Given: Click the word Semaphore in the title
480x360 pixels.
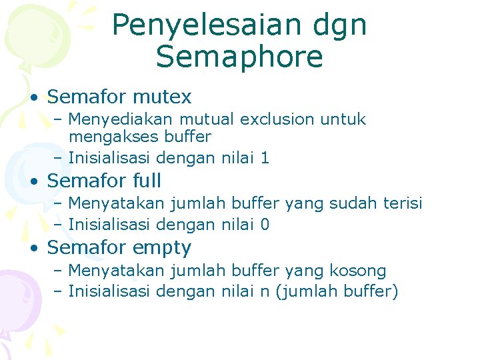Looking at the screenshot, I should tap(239, 57).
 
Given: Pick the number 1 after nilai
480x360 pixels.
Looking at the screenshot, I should tap(265, 158).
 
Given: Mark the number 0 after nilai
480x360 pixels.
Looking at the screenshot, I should tap(265, 225).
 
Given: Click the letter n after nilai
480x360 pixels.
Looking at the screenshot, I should tap(265, 292).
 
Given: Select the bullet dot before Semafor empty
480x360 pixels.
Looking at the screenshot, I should tap(33, 249).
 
